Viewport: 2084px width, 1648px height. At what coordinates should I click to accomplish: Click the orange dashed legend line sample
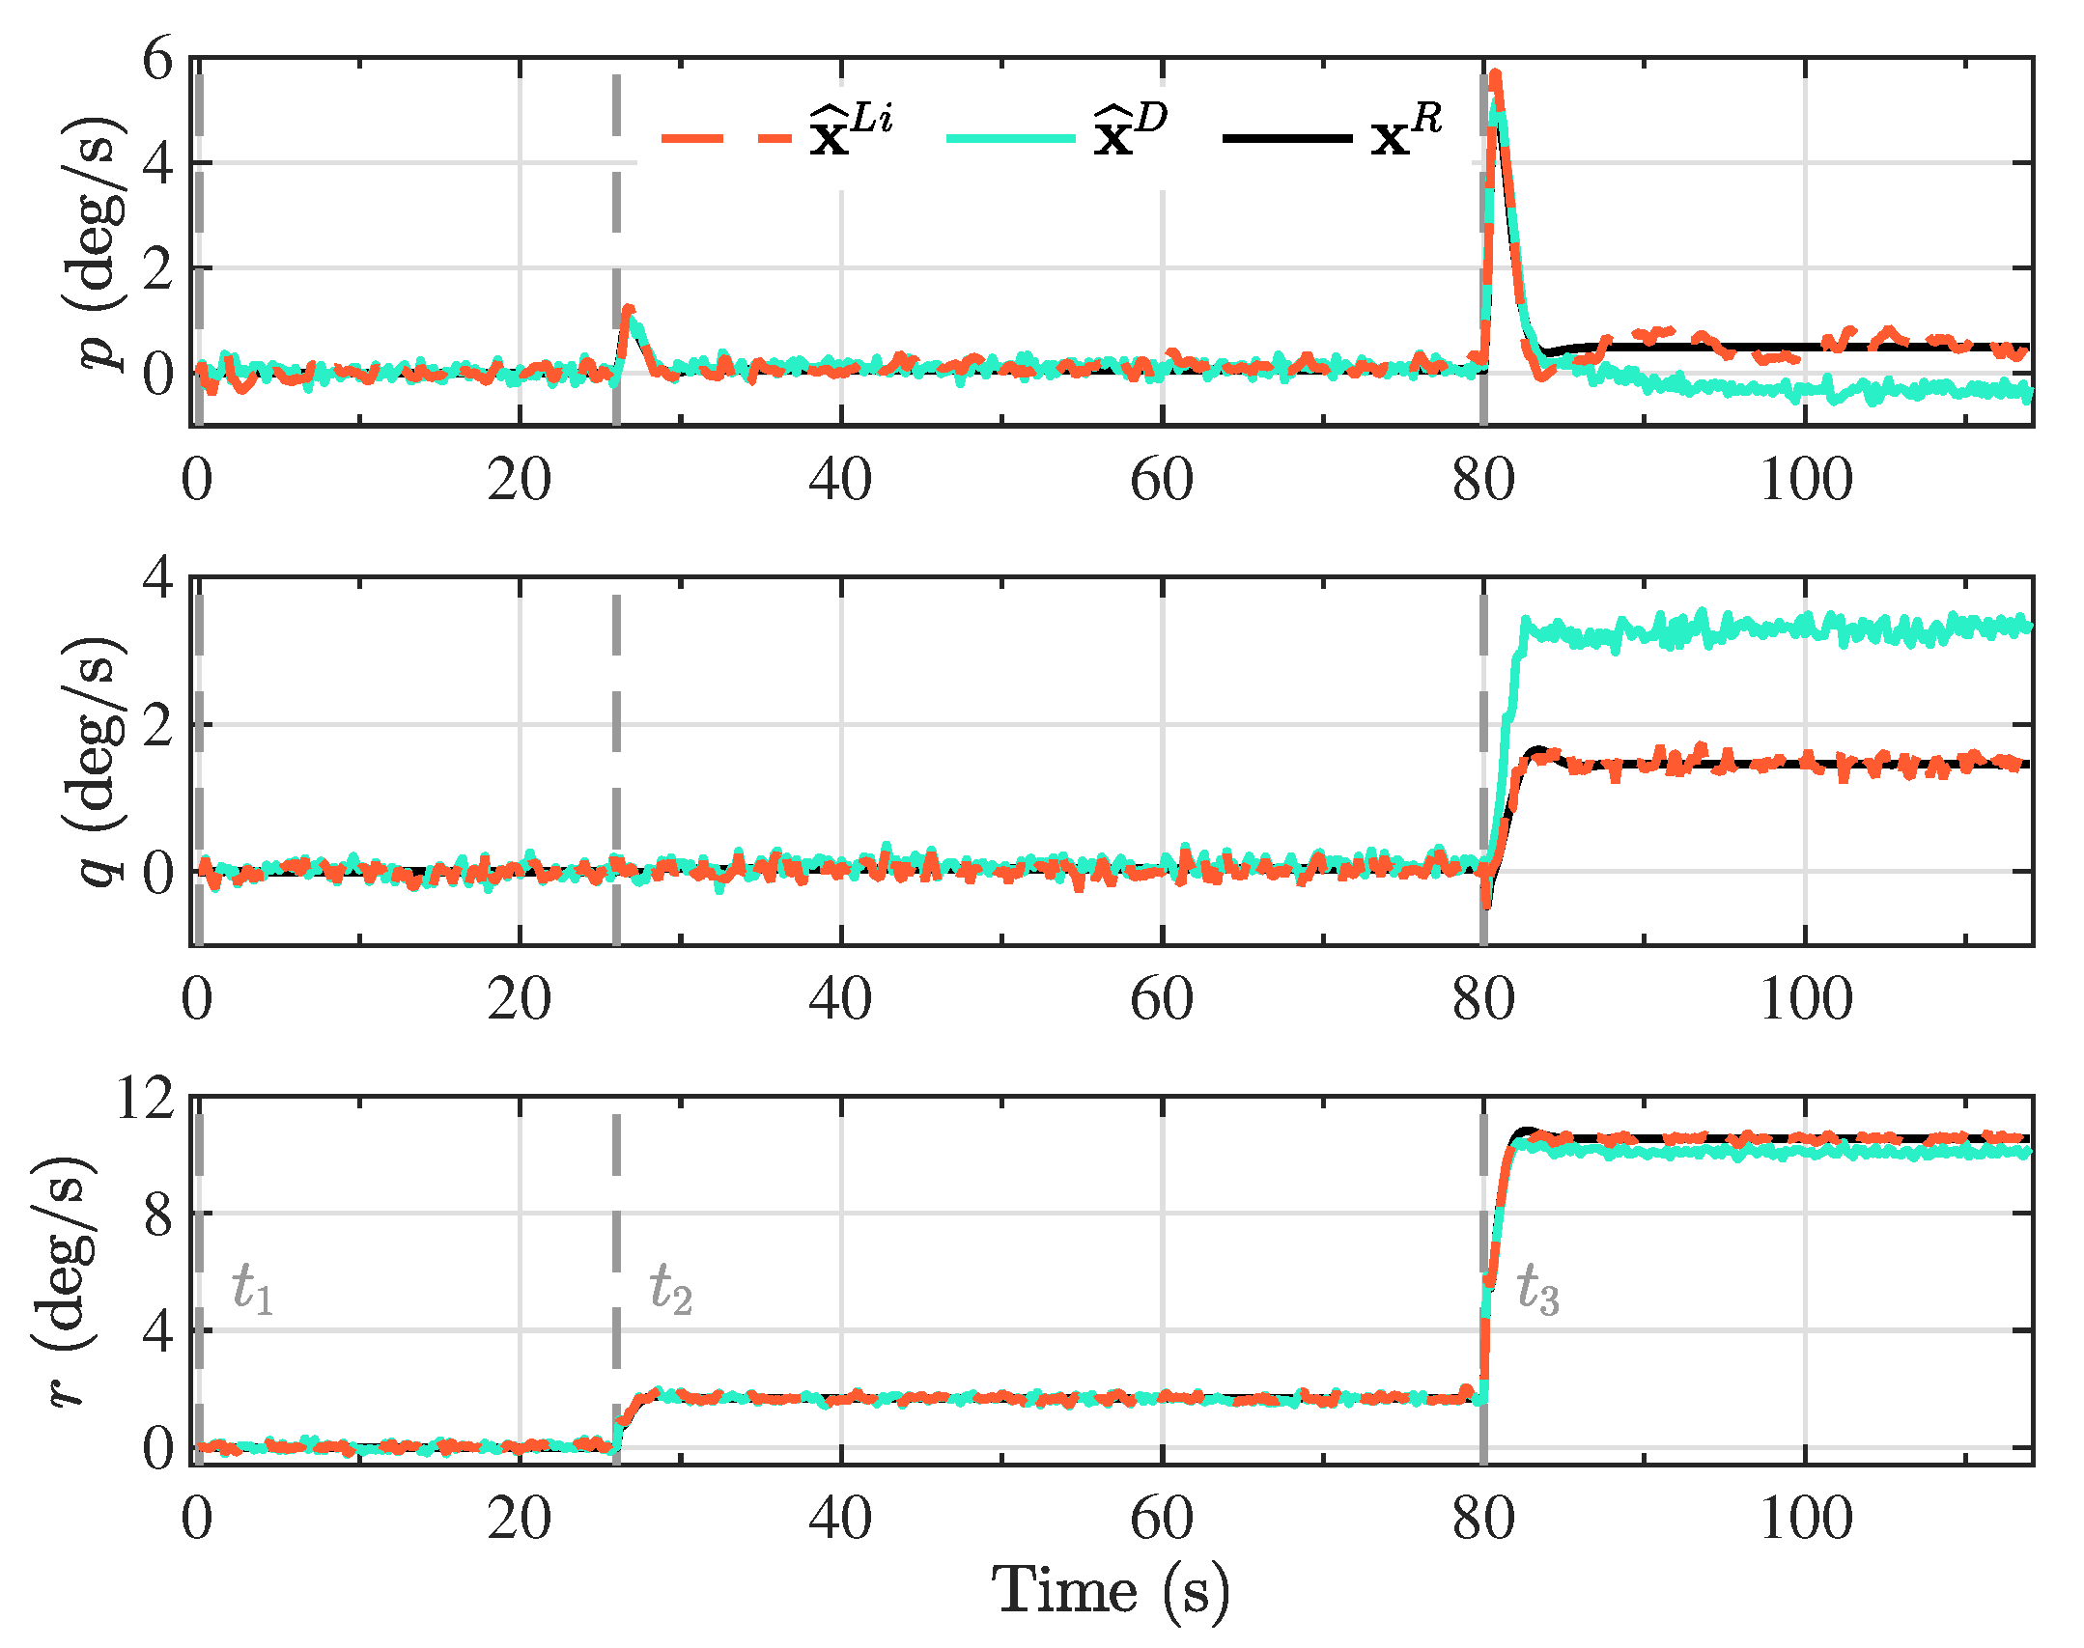[x=725, y=138]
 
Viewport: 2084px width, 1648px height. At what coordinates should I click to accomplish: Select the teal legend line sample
[x=1010, y=138]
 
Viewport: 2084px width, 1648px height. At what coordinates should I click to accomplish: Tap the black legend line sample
[x=1287, y=138]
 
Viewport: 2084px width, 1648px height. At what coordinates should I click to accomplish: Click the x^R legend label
[x=1406, y=130]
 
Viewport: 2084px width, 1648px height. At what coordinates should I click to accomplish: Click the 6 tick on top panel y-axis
[x=157, y=60]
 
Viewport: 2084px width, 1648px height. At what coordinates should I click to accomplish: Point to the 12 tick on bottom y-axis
[x=145, y=1098]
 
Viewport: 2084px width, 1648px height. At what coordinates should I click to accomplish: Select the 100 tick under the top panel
[x=1806, y=480]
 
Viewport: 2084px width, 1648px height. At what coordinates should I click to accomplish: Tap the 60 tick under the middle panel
[x=1162, y=999]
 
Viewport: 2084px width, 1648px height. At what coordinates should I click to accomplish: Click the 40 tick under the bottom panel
[x=840, y=1519]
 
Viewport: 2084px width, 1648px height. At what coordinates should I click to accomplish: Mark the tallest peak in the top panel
[x=1495, y=73]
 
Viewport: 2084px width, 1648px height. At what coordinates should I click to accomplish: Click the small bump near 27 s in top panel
[x=629, y=311]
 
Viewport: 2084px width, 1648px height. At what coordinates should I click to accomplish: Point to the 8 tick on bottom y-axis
[x=157, y=1215]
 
